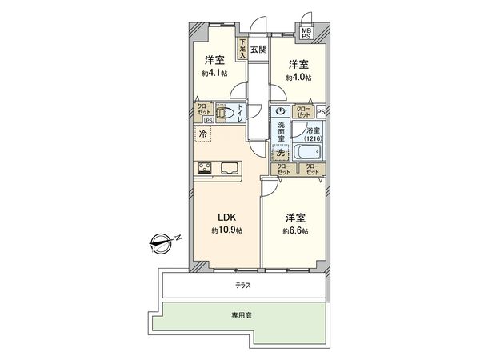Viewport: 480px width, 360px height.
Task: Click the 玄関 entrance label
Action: click(x=258, y=49)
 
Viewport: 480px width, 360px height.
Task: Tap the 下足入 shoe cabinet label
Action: click(x=242, y=50)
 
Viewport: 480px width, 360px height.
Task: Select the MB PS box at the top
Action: click(x=306, y=34)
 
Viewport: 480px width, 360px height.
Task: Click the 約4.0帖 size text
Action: click(x=299, y=78)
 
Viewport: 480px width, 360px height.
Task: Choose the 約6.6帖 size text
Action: click(x=294, y=230)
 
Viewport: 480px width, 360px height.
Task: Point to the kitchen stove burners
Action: click(x=205, y=168)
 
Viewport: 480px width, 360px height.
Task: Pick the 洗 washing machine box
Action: click(x=280, y=152)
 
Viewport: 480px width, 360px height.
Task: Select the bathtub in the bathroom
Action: click(x=307, y=151)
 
